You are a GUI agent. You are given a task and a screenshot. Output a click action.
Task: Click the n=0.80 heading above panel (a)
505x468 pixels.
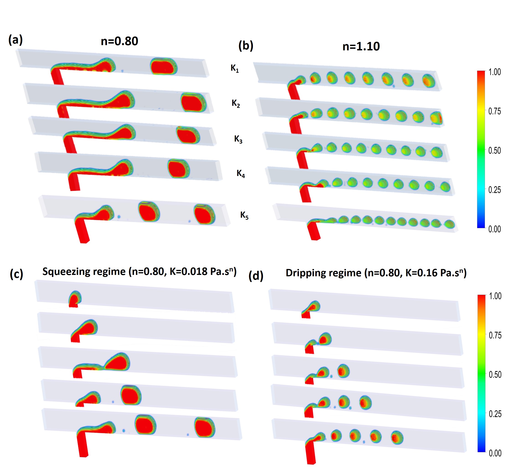coord(119,41)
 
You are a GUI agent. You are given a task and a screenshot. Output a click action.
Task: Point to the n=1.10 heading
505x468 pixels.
coord(361,46)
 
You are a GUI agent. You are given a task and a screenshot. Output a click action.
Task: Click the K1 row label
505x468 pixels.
coord(235,68)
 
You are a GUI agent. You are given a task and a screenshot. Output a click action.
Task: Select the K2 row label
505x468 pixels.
coord(236,103)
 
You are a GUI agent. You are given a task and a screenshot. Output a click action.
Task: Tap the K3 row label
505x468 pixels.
coord(238,139)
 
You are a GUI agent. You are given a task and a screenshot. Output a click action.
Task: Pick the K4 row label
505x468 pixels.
coord(241,173)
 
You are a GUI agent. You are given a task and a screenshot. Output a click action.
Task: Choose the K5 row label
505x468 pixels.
coord(244,215)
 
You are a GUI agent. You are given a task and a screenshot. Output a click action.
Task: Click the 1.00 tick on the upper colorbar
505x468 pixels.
coord(494,72)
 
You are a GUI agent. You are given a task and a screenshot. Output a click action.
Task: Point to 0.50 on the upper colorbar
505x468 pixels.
coord(494,151)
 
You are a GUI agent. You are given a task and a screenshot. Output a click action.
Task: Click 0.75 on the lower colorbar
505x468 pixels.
coord(495,336)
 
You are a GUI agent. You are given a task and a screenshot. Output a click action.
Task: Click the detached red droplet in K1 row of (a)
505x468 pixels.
coord(164,66)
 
